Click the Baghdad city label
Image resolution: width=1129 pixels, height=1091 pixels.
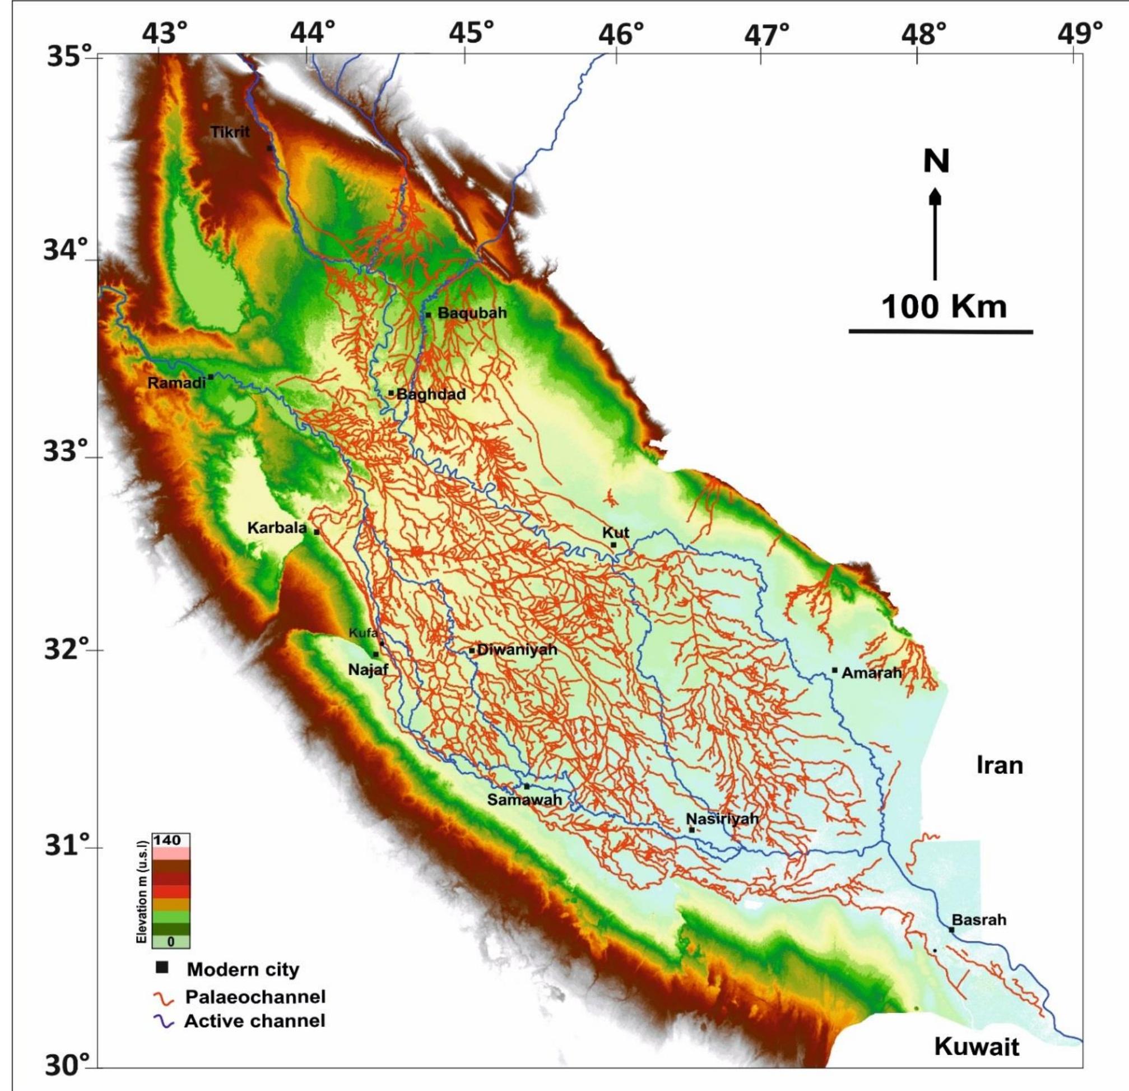point(431,395)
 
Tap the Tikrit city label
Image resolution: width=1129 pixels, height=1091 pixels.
point(230,132)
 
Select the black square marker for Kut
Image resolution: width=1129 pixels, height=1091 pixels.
point(614,544)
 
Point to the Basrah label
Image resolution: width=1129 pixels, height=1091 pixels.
point(979,920)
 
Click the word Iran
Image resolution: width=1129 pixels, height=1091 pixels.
point(1000,765)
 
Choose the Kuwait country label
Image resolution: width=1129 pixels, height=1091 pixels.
point(977,1046)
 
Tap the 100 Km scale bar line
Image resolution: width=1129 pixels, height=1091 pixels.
point(941,331)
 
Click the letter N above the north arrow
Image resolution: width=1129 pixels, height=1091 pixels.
point(936,161)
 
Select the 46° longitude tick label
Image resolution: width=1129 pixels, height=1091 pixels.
point(620,35)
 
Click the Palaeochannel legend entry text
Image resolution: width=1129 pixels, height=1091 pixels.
point(255,996)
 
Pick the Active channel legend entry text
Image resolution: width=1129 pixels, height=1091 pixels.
point(254,1021)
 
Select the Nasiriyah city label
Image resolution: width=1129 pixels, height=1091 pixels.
point(722,819)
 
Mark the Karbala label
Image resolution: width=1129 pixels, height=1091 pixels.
point(276,528)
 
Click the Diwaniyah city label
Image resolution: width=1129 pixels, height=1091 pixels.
point(517,650)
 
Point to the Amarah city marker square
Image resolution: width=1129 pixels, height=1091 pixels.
point(835,670)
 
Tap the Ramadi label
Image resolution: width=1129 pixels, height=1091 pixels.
point(177,383)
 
